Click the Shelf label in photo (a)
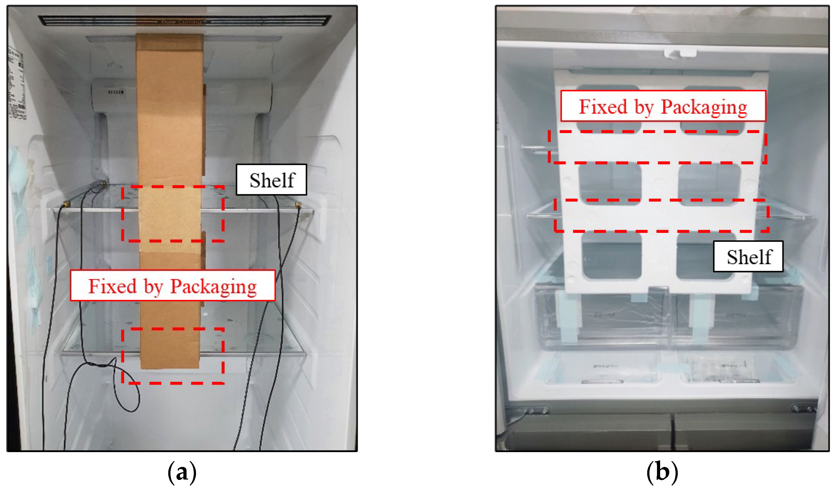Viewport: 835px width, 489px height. pyautogui.click(x=271, y=180)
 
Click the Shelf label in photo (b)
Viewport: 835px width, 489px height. pyautogui.click(x=748, y=257)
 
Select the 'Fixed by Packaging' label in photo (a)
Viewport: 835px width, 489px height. pyautogui.click(x=172, y=286)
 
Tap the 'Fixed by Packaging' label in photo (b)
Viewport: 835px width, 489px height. pyautogui.click(x=663, y=106)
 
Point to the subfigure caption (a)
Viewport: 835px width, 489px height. pyautogui.click(x=182, y=472)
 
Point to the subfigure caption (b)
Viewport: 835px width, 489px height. pyautogui.click(x=662, y=472)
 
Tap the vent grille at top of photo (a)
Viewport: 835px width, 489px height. pyautogui.click(x=185, y=20)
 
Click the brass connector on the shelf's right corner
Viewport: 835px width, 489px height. pyautogui.click(x=297, y=205)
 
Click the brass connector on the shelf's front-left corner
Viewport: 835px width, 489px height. pyautogui.click(x=65, y=203)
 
